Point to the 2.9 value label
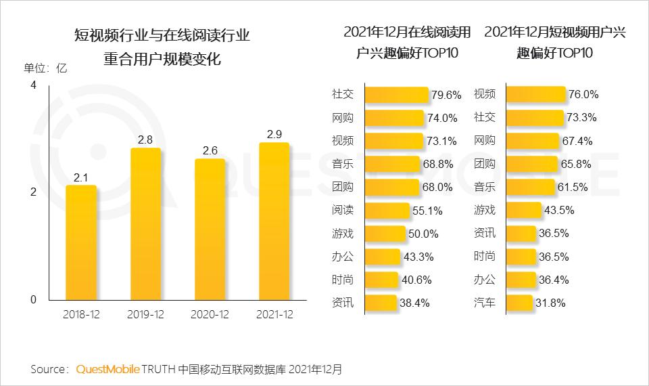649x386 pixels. pos(274,134)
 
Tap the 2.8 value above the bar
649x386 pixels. pos(145,140)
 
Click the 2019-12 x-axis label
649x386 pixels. pos(145,315)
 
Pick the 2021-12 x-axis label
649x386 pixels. pos(274,315)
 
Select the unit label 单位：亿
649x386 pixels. pos(45,68)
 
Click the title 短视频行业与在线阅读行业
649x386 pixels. pos(162,35)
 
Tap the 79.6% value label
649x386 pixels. pos(446,95)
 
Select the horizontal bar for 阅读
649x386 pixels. pos(387,211)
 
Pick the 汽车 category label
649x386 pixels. pos(484,302)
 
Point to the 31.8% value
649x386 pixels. pos(550,303)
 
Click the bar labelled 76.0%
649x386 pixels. pos(535,94)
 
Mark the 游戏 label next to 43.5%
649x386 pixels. pos(484,210)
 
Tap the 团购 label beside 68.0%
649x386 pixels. pos(343,187)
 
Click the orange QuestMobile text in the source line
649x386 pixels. pos(107,369)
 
